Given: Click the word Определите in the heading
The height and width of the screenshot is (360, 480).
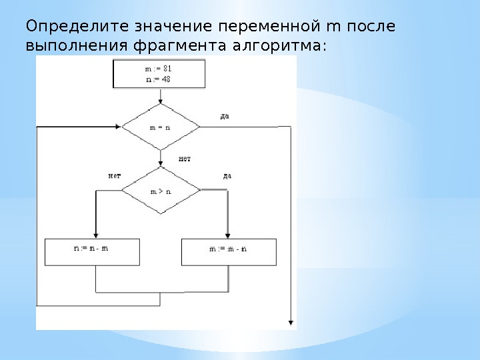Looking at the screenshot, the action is (x=78, y=27).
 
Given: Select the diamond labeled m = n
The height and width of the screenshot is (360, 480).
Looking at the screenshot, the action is (x=160, y=126).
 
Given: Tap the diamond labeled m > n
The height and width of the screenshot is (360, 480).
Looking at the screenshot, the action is (x=160, y=190).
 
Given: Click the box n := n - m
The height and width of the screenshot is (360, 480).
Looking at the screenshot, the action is (x=92, y=251).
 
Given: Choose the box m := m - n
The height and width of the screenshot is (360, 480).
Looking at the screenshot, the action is (x=229, y=251).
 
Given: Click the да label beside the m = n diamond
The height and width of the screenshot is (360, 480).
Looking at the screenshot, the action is (x=225, y=117).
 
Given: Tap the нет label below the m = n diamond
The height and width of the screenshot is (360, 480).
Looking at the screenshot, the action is (x=185, y=159).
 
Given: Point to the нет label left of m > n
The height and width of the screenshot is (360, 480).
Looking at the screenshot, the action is (x=114, y=176).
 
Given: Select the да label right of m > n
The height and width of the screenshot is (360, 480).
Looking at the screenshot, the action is (x=227, y=176).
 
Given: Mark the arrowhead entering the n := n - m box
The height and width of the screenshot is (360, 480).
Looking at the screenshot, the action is (x=96, y=235).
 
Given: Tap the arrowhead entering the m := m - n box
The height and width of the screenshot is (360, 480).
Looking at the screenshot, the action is (x=228, y=235).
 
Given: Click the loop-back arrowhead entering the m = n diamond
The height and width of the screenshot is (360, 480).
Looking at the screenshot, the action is (x=117, y=126).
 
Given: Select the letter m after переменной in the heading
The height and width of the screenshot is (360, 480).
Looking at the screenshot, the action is (x=333, y=27).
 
